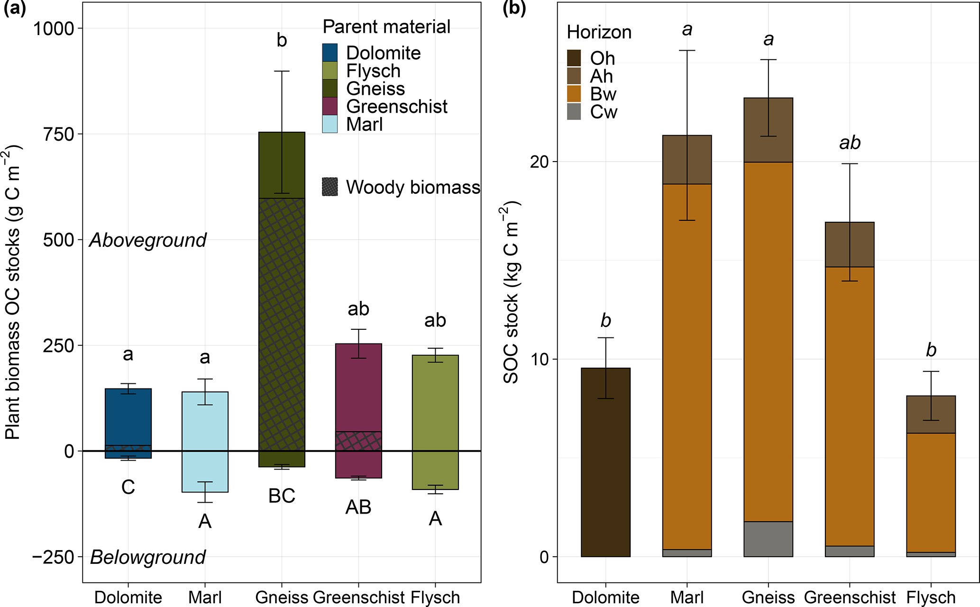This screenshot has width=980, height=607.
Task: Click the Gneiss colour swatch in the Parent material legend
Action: click(330, 88)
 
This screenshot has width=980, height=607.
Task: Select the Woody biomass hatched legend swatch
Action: click(330, 187)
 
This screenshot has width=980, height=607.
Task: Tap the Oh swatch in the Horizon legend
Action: click(574, 58)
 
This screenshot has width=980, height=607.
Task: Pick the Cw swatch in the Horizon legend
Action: click(574, 112)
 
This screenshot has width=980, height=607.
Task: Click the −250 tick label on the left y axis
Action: click(53, 557)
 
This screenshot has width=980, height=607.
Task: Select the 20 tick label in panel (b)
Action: click(540, 162)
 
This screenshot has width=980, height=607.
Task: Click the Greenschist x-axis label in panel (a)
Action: click(359, 597)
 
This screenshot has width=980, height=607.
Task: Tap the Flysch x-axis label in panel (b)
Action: click(931, 597)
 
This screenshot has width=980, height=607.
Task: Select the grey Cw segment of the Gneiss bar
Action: click(768, 539)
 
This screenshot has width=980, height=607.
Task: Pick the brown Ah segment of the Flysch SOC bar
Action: click(931, 414)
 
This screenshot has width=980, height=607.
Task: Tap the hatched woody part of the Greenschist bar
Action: click(358, 441)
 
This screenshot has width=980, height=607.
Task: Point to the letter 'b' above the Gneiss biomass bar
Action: click(282, 41)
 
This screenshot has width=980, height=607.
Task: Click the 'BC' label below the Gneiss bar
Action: click(282, 496)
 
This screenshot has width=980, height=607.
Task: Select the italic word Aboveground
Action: click(148, 240)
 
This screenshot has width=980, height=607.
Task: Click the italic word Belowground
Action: click(148, 557)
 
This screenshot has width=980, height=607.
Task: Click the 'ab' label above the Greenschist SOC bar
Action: click(850, 143)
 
